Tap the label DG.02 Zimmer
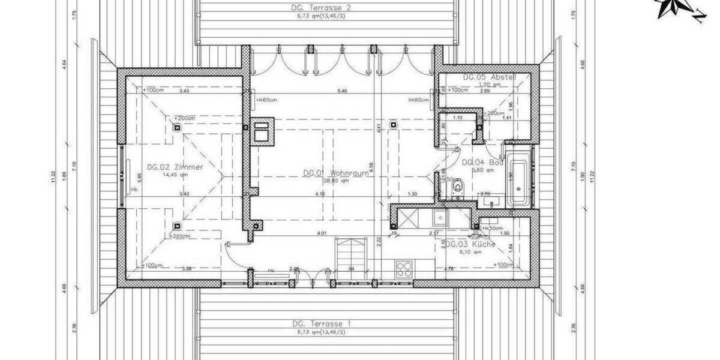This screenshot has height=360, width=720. tap(175, 167)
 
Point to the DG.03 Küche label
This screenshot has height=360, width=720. tap(475, 245)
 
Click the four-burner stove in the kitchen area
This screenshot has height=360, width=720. tap(403, 268)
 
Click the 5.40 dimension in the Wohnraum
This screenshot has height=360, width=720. tap(343, 91)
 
